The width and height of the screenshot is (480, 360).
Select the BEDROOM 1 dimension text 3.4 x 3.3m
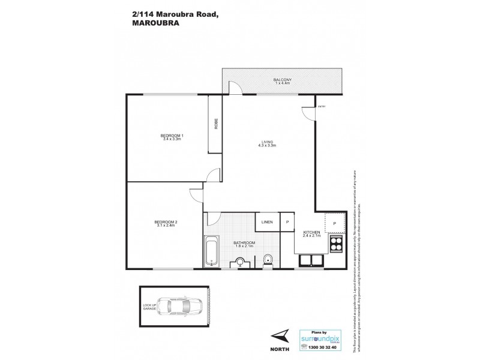pos(172,139)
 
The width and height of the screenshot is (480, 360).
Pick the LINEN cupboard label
pos(267,222)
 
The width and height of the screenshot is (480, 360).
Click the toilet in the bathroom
pos(268,259)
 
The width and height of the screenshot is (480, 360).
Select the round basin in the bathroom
pos(240,262)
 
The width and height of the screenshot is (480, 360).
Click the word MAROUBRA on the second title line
pos(152,25)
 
